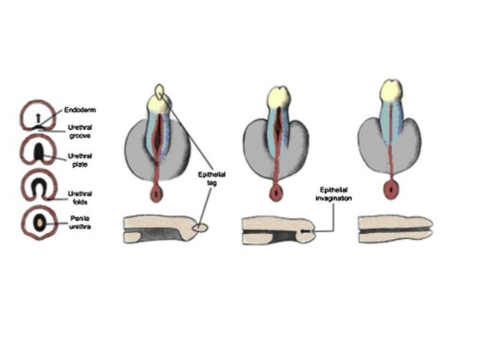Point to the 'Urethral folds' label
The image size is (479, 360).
pos(80,196)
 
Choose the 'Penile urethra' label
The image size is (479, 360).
pos(80,222)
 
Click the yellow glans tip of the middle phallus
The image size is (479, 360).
pos(279,96)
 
